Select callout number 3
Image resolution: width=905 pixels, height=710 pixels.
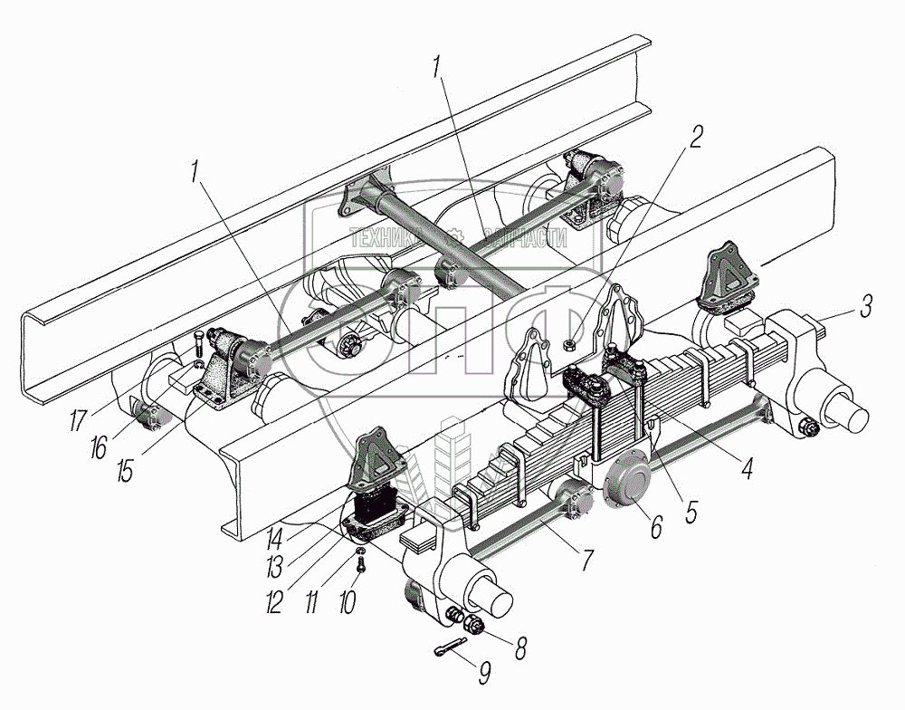[866, 306]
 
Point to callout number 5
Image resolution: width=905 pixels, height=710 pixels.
[691, 512]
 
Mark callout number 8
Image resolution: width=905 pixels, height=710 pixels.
[522, 648]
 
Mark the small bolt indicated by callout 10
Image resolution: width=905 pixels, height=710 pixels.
[360, 564]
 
